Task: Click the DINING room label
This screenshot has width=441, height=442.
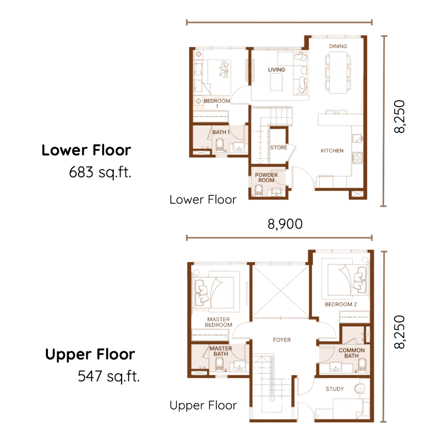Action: coord(338,46)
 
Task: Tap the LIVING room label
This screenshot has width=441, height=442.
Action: coord(276,70)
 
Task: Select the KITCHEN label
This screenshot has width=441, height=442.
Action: coord(332,151)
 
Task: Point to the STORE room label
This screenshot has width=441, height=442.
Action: coord(278,148)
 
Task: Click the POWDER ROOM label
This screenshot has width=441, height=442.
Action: coord(266,177)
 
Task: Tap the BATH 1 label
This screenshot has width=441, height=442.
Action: coord(221,132)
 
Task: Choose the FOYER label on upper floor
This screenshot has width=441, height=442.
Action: coord(282,340)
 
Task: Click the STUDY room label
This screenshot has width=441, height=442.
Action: coord(335,389)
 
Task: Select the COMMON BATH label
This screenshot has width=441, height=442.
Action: coord(351,353)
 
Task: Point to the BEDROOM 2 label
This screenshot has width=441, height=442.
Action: coord(341,304)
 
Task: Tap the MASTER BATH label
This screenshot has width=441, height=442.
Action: coord(220,351)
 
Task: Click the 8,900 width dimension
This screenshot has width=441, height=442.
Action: coord(285,224)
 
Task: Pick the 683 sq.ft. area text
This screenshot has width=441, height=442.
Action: coord(100,172)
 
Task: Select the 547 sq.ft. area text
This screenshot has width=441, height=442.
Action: coord(109,376)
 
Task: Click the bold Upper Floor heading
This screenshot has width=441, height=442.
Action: coord(90,354)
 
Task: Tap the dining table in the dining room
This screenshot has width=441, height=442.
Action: coord(338,72)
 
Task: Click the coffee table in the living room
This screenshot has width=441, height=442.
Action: coord(276,82)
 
